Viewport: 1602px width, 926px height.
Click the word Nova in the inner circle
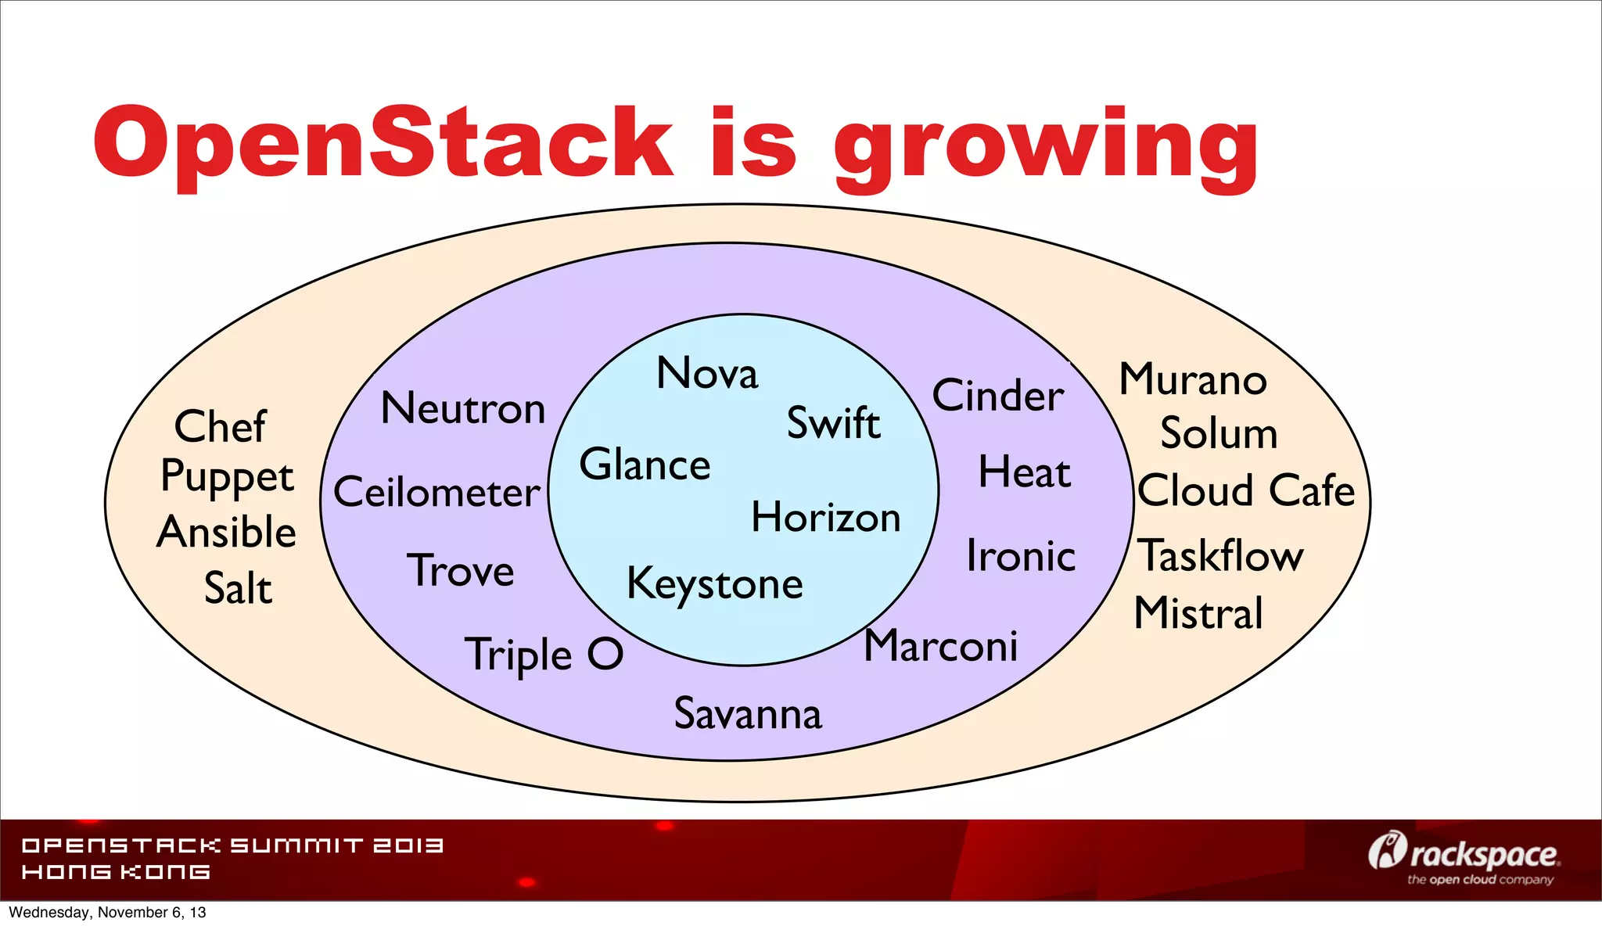point(707,373)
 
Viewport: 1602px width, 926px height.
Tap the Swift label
point(833,423)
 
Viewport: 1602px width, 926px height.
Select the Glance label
point(645,465)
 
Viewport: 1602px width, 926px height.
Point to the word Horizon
point(826,518)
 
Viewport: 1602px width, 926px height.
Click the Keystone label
point(715,584)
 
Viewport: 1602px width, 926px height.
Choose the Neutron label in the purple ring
point(463,408)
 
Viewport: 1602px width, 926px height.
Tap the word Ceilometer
point(436,492)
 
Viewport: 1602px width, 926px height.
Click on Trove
point(461,570)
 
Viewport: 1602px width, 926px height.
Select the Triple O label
point(544,655)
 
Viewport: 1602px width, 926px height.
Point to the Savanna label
point(748,714)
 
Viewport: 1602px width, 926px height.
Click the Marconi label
point(940,646)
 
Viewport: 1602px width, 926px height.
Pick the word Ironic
point(1021,556)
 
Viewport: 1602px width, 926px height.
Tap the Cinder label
point(998,396)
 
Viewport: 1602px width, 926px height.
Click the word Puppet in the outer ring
point(227,477)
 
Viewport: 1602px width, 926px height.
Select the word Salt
point(238,588)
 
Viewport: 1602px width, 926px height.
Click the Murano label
point(1193,379)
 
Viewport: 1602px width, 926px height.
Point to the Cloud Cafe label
point(1245,490)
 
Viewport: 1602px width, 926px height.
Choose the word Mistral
point(1198,613)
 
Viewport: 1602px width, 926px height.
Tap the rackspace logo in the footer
point(1464,857)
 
